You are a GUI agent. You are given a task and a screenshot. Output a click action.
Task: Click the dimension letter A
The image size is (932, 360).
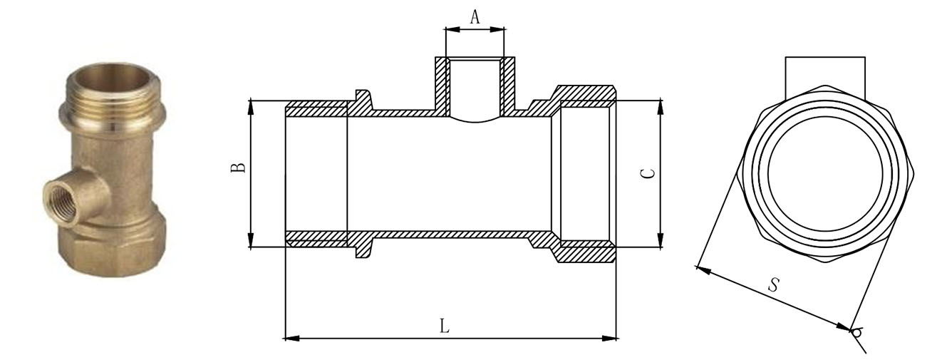point(475,17)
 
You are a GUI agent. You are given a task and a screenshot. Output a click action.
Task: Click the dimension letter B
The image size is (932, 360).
point(239,168)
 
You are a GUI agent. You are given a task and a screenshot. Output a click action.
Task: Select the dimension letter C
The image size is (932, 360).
point(647,173)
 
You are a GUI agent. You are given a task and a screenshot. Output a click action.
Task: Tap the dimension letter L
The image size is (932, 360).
point(445,326)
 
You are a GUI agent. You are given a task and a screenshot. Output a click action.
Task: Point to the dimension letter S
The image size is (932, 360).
point(774,285)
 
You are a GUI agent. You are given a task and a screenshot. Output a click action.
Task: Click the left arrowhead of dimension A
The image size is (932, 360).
point(452,29)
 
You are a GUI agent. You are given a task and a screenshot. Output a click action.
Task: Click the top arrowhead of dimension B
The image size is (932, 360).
point(251,107)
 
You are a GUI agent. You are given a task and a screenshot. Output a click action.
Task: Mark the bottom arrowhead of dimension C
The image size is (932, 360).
point(660,240)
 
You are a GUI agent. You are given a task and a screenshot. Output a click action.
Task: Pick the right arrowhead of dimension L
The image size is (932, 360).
point(609,339)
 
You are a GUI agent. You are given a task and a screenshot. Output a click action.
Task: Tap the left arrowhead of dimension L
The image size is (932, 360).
point(292,339)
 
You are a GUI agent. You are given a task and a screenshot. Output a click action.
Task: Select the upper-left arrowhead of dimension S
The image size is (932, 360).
point(703,269)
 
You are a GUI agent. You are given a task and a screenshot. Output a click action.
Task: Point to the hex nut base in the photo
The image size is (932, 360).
point(113,250)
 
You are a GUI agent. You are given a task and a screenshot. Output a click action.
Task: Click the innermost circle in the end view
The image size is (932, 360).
point(826,175)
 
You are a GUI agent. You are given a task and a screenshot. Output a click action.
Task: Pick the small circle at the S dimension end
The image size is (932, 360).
point(857,333)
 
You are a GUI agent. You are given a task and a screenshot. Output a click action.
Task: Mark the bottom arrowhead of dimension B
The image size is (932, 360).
point(251,240)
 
